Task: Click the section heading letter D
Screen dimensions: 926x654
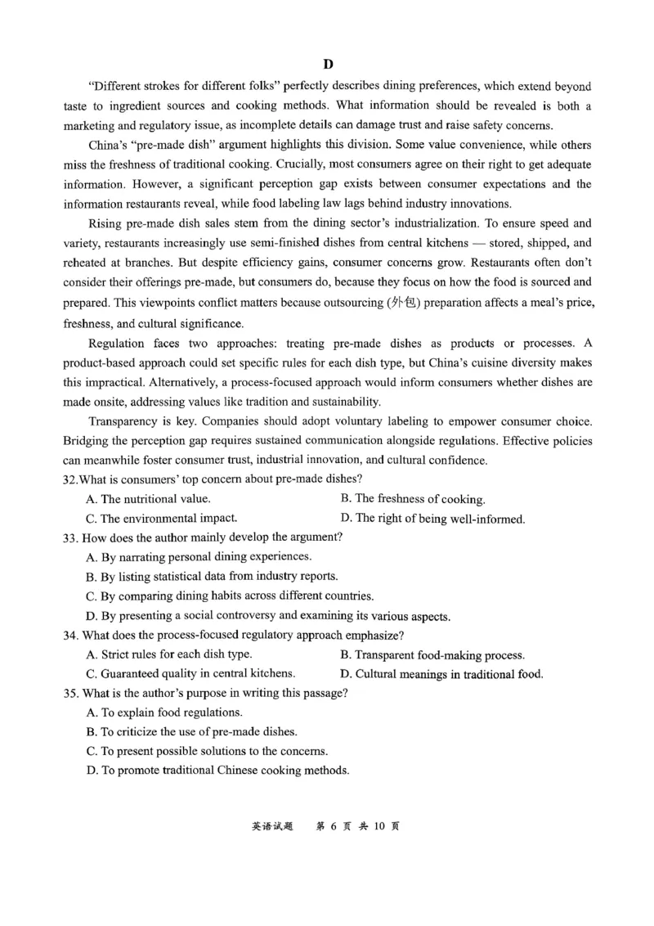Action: click(x=328, y=64)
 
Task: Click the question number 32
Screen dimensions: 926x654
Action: click(x=71, y=479)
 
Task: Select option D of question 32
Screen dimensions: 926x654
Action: click(x=432, y=519)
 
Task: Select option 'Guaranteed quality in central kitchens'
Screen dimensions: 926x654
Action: click(x=190, y=675)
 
